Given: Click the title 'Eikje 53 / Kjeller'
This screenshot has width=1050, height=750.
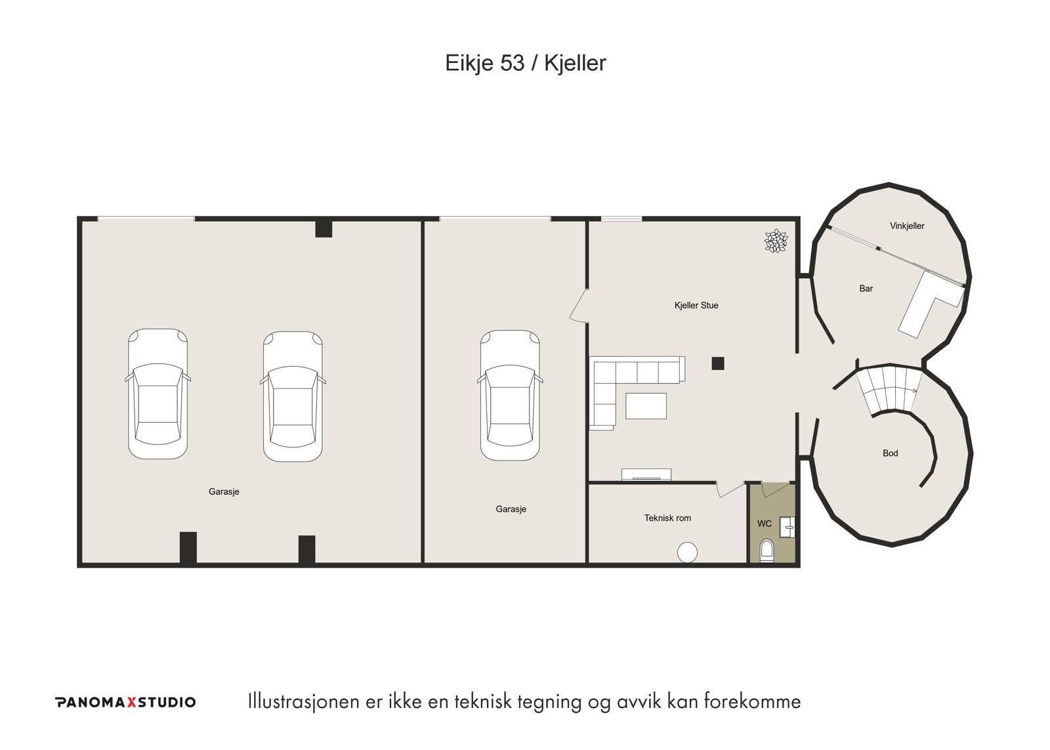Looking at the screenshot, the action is point(525,63).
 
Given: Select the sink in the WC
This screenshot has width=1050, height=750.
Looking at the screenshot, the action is point(787,527).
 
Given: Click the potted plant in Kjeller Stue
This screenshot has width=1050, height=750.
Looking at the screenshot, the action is point(776,241).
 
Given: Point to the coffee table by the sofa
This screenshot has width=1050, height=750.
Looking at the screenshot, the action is point(646,406).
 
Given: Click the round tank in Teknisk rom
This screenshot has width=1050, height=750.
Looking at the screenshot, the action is point(687,552).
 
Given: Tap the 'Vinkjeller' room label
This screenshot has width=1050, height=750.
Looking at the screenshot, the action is point(907,226).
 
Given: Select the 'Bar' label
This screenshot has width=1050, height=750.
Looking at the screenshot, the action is point(866,289).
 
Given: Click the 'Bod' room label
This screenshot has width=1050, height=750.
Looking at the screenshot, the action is point(890,453).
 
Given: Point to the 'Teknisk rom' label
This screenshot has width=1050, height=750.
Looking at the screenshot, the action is point(667,518).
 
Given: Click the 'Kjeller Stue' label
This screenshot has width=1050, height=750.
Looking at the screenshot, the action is point(696,306).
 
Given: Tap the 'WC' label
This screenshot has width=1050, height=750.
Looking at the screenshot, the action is point(764,524).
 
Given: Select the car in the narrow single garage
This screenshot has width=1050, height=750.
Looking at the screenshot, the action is point(510,395).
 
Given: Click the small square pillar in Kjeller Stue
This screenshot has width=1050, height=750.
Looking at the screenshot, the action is point(718,364).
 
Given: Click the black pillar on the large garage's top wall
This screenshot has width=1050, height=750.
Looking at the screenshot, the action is point(324,229).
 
